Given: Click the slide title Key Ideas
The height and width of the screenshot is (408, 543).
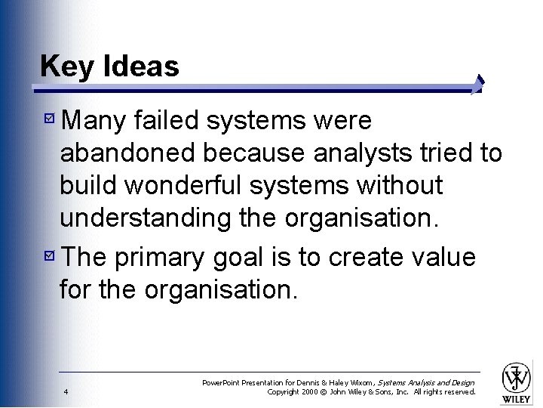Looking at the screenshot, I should click(109, 66).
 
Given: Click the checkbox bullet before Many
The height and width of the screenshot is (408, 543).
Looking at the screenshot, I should click(49, 120).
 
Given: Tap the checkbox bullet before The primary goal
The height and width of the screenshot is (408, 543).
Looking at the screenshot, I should click(49, 258).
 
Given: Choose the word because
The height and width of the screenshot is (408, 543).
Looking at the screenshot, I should click(253, 153).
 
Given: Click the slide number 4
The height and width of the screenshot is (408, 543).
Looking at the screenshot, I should click(66, 391).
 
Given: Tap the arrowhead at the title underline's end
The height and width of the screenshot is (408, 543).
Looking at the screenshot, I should click(478, 85).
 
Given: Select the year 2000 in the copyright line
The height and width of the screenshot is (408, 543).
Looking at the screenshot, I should click(311, 391).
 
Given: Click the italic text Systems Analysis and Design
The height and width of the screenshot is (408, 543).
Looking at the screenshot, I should click(426, 383).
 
